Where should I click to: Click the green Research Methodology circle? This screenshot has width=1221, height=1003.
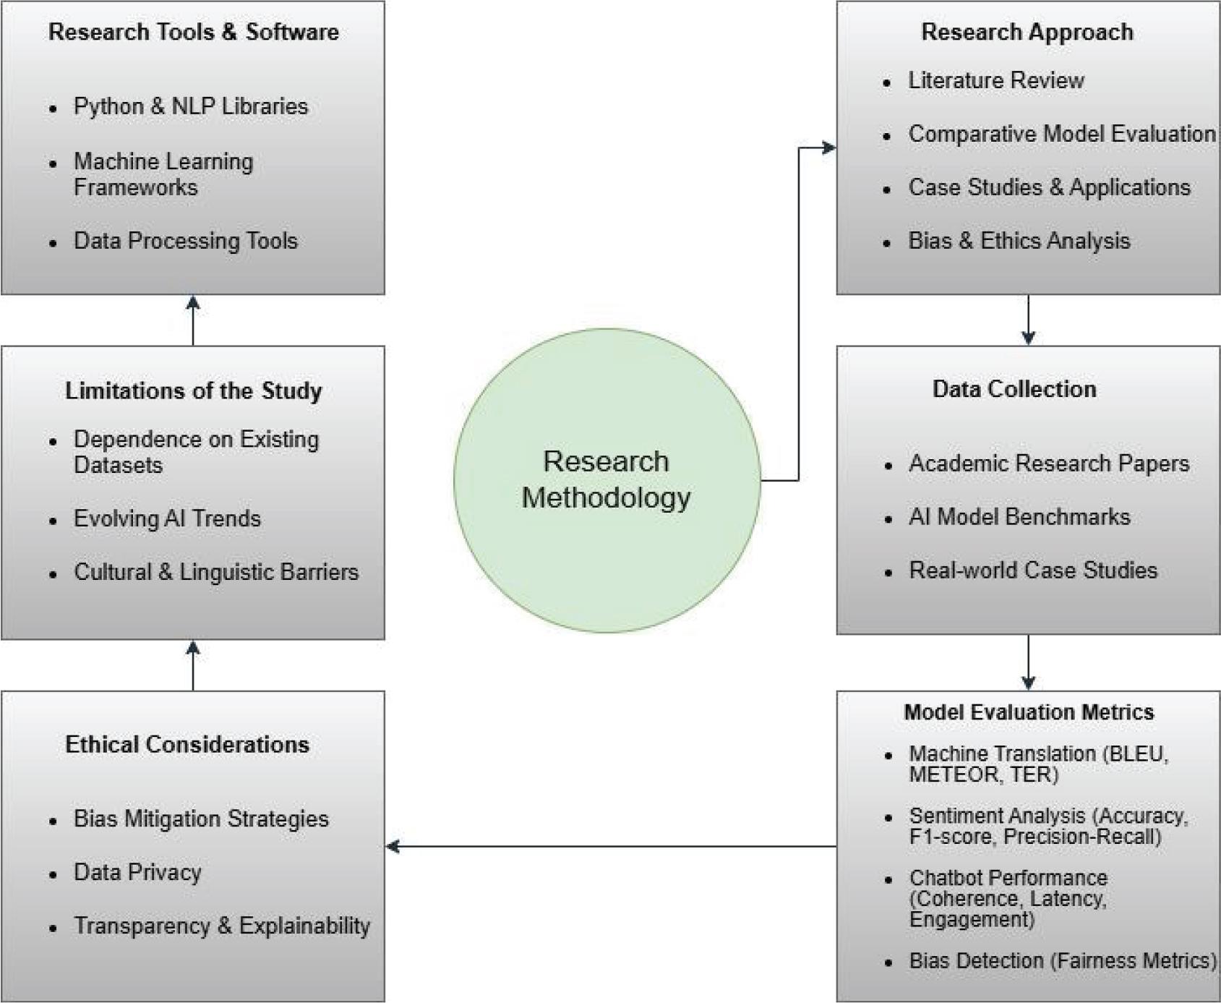pyautogui.click(x=607, y=480)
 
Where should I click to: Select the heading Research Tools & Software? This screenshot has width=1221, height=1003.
pyautogui.click(x=193, y=32)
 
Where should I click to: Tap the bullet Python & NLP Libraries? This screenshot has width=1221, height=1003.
pyautogui.click(x=190, y=106)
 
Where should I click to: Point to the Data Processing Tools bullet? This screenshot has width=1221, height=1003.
pyautogui.click(x=185, y=241)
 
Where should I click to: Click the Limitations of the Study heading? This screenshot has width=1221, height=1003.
pyautogui.click(x=193, y=390)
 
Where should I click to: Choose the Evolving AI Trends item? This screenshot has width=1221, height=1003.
pyautogui.click(x=167, y=518)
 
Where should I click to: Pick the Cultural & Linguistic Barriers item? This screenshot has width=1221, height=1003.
pyautogui.click(x=215, y=572)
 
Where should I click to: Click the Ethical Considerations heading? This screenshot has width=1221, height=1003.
pyautogui.click(x=187, y=744)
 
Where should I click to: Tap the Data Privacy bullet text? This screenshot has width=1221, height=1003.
pyautogui.click(x=137, y=872)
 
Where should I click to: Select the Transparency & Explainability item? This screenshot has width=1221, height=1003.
pyautogui.click(x=222, y=926)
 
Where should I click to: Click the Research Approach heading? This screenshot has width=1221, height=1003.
pyautogui.click(x=1027, y=32)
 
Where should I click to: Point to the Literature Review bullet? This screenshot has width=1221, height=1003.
pyautogui.click(x=995, y=80)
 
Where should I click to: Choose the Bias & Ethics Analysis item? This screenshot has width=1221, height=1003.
pyautogui.click(x=1019, y=241)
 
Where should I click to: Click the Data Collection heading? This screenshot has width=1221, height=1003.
pyautogui.click(x=1014, y=389)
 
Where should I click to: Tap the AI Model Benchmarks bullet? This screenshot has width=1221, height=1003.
pyautogui.click(x=1019, y=516)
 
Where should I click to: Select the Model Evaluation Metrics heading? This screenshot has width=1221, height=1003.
pyautogui.click(x=1028, y=712)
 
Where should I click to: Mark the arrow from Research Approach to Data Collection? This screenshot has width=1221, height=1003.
pyautogui.click(x=1028, y=320)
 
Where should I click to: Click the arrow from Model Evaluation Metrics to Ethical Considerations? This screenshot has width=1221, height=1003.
pyautogui.click(x=611, y=846)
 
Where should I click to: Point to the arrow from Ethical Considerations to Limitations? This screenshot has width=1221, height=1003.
pyautogui.click(x=193, y=665)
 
